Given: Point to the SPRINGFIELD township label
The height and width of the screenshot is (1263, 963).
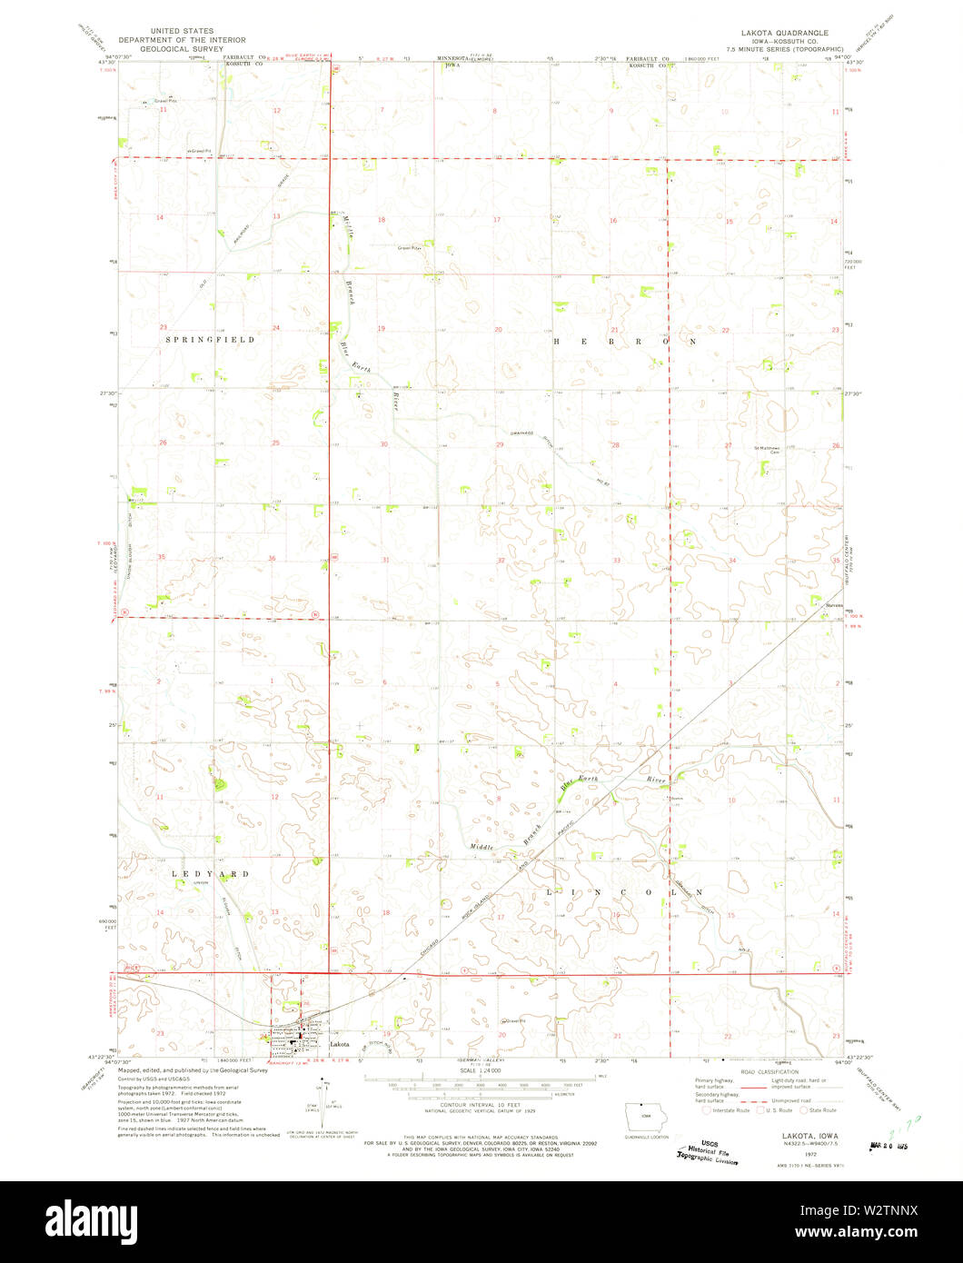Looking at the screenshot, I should (210, 339).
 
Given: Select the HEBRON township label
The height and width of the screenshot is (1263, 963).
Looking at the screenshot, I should (625, 342).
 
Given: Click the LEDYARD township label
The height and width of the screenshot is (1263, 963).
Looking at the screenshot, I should (211, 873).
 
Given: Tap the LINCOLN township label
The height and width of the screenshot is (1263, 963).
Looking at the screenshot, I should (625, 893).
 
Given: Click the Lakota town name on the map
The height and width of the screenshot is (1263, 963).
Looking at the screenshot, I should (339, 1045).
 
